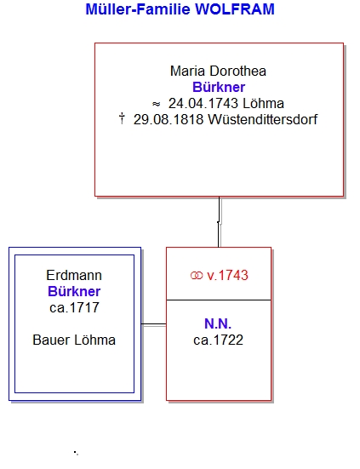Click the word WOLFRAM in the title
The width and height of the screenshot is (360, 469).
point(235,9)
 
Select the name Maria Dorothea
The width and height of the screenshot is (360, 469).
point(218,71)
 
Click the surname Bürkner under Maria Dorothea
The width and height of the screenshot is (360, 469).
point(219,88)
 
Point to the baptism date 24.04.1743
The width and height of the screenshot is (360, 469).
point(203,104)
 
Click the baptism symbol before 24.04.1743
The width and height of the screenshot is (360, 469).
point(156,104)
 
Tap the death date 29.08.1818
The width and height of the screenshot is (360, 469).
point(169,120)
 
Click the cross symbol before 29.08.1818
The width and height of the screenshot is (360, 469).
point(122,118)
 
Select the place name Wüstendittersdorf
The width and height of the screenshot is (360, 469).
point(262,120)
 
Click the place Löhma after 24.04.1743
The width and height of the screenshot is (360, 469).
point(263,104)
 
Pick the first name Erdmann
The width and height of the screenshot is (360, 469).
point(74,275)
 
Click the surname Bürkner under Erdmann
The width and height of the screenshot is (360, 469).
point(74,291)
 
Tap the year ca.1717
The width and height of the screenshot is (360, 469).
point(74,307)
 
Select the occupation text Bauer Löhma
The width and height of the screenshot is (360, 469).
point(74,340)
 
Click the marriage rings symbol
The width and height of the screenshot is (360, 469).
point(197,276)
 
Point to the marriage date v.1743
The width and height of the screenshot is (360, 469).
point(227,275)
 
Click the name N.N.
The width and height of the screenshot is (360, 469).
point(218,323)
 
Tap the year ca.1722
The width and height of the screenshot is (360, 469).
point(218,340)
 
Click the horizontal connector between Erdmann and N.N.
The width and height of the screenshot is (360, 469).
point(154,324)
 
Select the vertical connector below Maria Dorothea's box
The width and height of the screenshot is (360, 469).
point(219,222)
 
